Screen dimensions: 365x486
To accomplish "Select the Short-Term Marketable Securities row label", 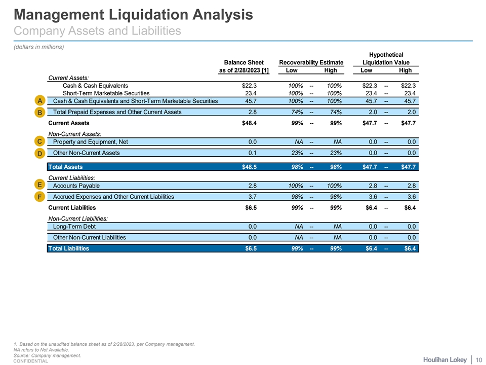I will (106, 93).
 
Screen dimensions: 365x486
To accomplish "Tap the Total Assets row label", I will (65, 167).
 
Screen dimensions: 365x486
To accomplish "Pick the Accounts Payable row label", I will (76, 186).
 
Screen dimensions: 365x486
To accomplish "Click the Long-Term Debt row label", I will (74, 227).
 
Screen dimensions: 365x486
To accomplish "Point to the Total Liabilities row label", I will (69, 248).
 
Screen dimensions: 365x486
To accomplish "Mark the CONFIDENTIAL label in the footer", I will (31, 361).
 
